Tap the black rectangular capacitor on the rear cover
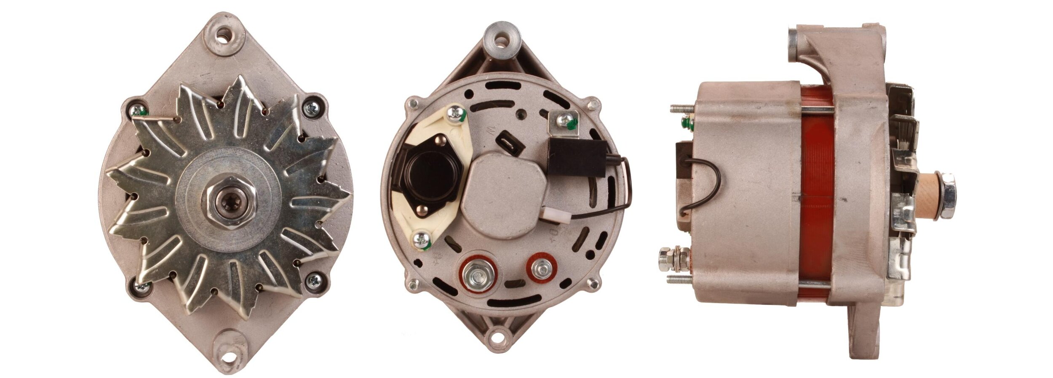point(577,157)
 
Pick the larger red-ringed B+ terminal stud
point(478,275)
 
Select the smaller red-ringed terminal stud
point(542,268)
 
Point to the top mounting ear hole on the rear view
point(501,41)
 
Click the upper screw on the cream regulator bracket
point(457,113)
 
